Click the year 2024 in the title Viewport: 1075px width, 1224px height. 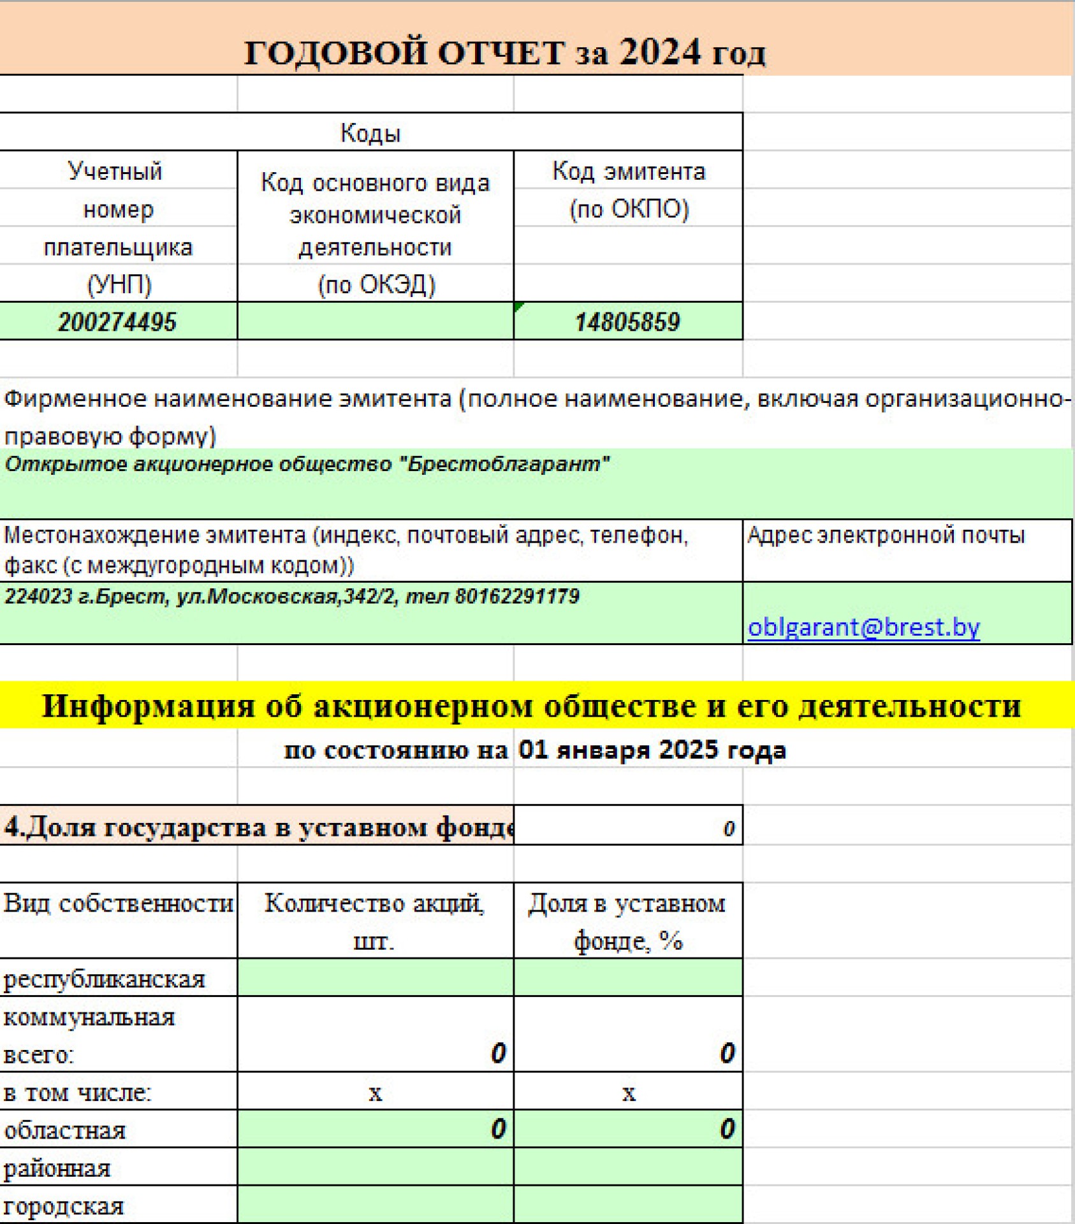(660, 52)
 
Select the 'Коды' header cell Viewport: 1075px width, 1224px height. (370, 133)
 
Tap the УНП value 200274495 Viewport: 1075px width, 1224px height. (117, 321)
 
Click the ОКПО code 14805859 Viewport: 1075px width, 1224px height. (627, 321)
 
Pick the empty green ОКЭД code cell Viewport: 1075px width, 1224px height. (375, 321)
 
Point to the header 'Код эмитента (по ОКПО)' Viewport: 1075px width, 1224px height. (628, 189)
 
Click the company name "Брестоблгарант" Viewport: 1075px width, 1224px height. (504, 463)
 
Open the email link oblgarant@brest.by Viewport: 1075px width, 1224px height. (863, 627)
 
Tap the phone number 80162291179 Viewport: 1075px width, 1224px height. (517, 597)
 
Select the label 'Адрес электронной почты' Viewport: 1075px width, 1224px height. (886, 535)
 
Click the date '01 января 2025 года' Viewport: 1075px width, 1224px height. (652, 750)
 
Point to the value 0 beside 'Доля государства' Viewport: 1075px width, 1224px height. (729, 828)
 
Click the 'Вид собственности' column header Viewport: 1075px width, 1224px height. (119, 903)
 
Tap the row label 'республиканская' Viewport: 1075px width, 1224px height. (105, 979)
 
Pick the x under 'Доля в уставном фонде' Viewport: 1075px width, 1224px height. (629, 1093)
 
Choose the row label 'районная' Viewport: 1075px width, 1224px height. (57, 1168)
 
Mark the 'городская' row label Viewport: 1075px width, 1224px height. (64, 1206)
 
